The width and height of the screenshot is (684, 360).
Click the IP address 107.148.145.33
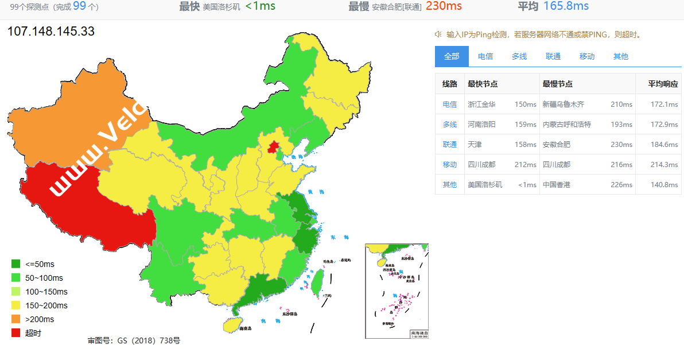pyautogui.click(x=51, y=31)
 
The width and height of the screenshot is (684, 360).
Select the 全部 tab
pyautogui.click(x=452, y=56)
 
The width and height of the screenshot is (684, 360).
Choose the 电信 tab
pyautogui.click(x=485, y=56)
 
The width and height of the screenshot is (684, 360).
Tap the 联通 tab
pyautogui.click(x=553, y=56)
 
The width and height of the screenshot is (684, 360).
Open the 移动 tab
pyautogui.click(x=587, y=56)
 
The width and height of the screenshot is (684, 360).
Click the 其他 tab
pyautogui.click(x=621, y=56)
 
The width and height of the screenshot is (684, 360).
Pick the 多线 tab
pyautogui.click(x=519, y=56)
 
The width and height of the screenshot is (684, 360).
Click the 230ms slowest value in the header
pyautogui.click(x=444, y=6)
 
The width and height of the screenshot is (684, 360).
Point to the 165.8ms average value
pyautogui.click(x=569, y=6)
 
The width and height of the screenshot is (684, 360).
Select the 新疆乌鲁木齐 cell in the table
pyautogui.click(x=563, y=104)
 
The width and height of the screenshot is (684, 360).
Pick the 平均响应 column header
pyautogui.click(x=663, y=84)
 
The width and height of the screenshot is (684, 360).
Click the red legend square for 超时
pyautogui.click(x=16, y=333)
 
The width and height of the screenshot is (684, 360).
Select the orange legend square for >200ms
pyautogui.click(x=16, y=319)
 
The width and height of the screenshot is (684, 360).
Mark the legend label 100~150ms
pyautogui.click(x=46, y=292)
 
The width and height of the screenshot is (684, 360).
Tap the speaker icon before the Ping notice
pyautogui.click(x=438, y=34)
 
